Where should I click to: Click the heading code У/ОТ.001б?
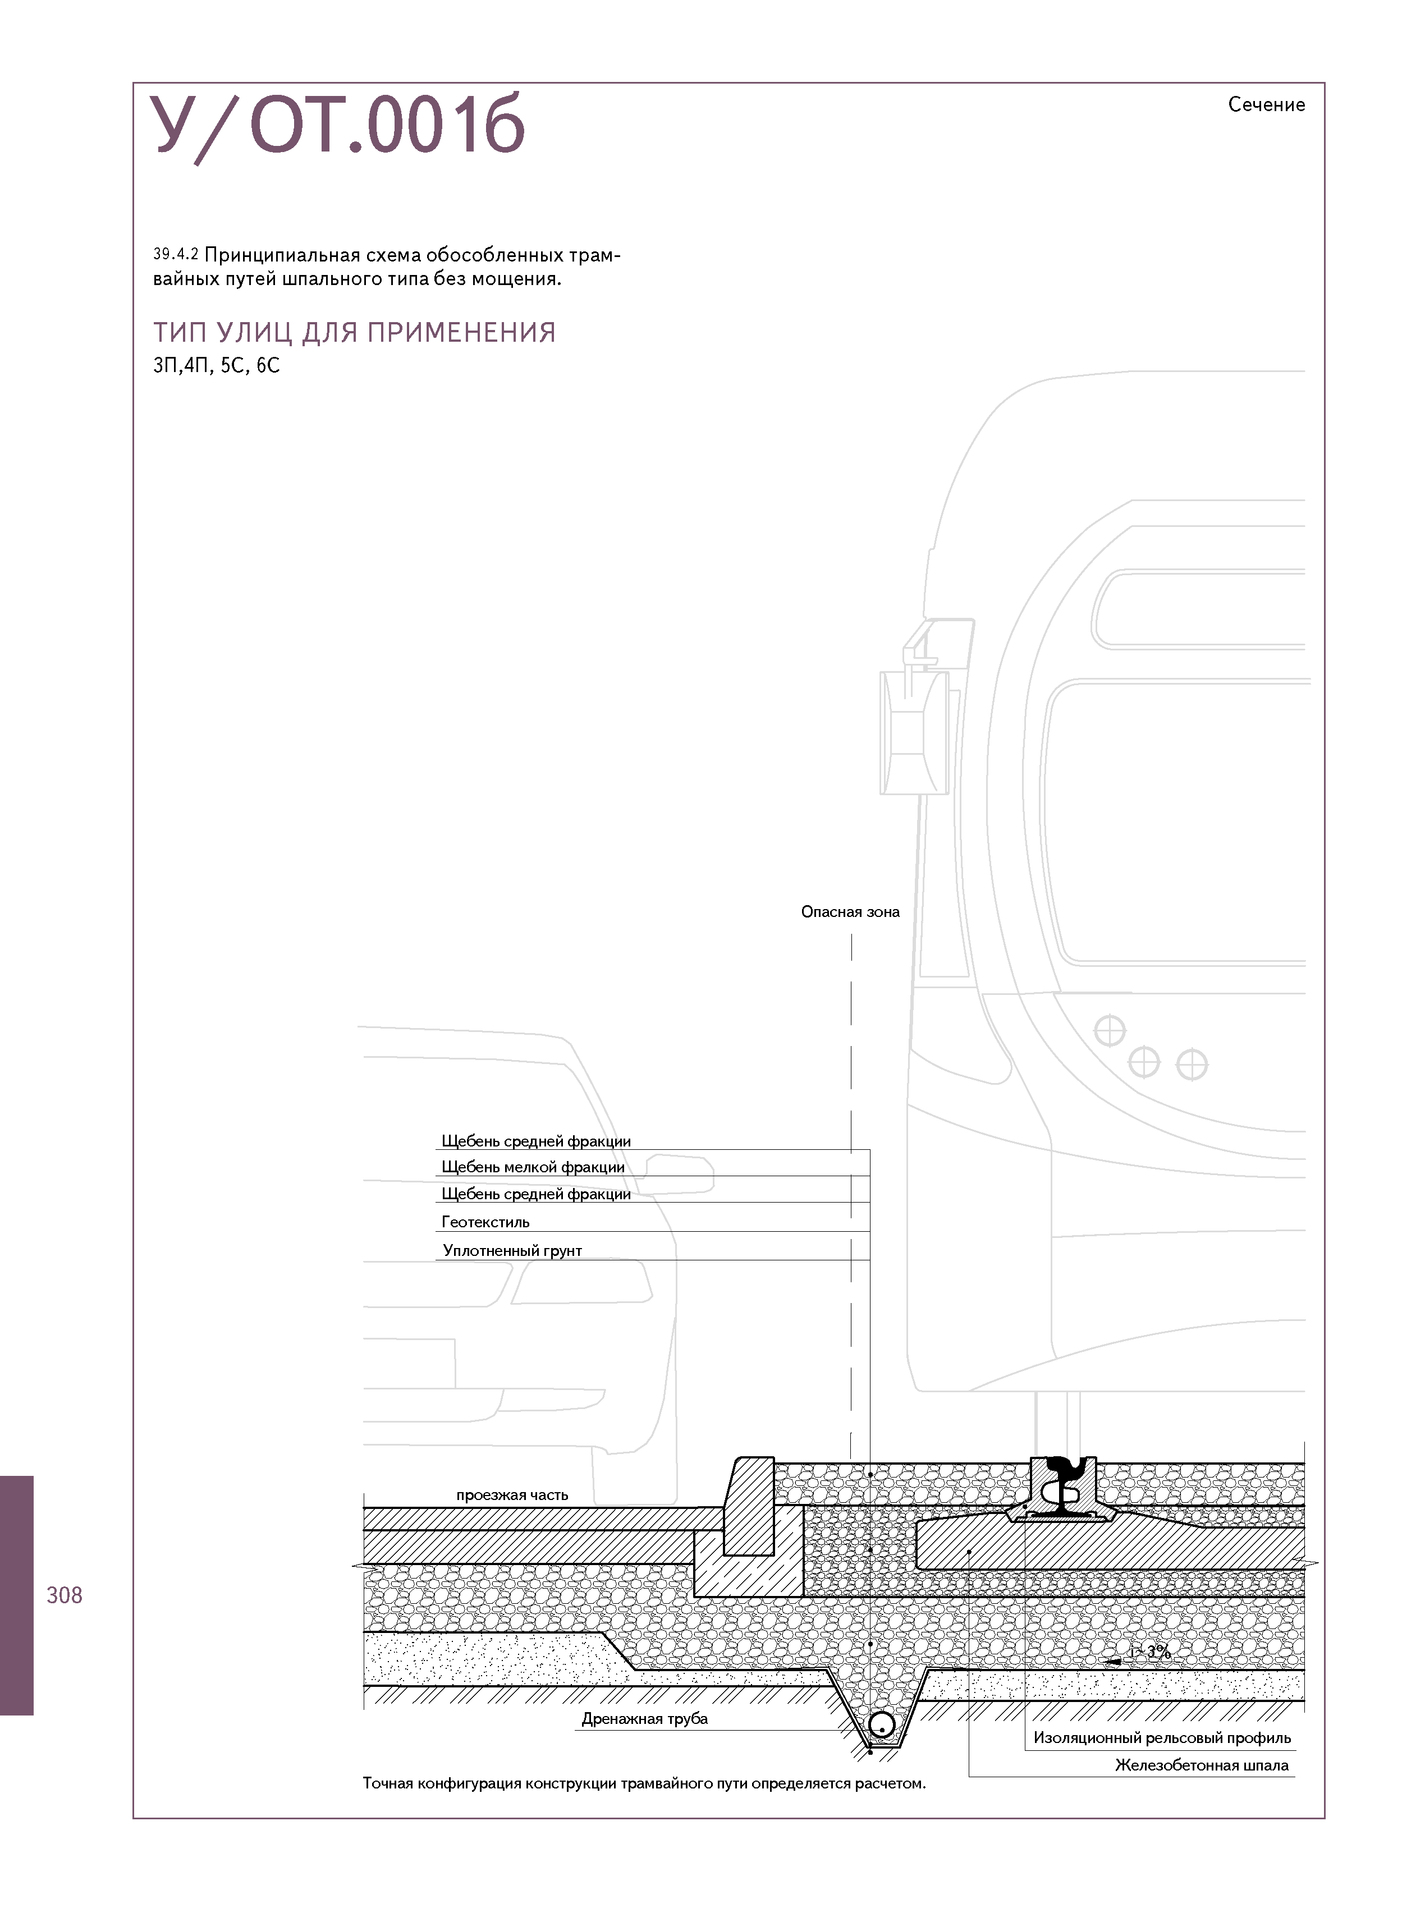pyautogui.click(x=337, y=126)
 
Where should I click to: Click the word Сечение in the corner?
pyautogui.click(x=1266, y=105)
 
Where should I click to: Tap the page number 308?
pyautogui.click(x=65, y=1595)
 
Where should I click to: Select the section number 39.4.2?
pyautogui.click(x=176, y=254)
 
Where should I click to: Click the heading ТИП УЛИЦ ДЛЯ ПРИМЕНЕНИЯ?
pyautogui.click(x=354, y=333)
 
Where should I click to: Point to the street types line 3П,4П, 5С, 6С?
pyautogui.click(x=217, y=366)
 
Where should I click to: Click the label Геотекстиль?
pyautogui.click(x=485, y=1222)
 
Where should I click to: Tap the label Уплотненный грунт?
pyautogui.click(x=512, y=1250)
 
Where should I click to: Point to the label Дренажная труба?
pyautogui.click(x=644, y=1718)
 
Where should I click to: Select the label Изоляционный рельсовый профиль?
pyautogui.click(x=1162, y=1737)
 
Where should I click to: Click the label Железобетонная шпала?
pyautogui.click(x=1201, y=1765)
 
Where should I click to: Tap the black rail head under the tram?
pyautogui.click(x=1062, y=1466)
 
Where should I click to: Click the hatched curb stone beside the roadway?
pyautogui.click(x=749, y=1504)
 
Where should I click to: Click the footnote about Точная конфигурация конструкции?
pyautogui.click(x=644, y=1783)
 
